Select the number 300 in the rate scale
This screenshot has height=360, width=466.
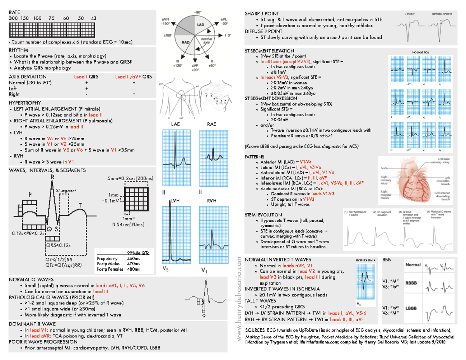[x=12, y=19]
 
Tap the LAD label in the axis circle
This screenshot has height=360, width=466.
[x=201, y=25]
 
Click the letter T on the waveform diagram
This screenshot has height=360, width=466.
[x=80, y=205]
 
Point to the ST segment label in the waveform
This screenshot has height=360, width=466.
[x=64, y=190]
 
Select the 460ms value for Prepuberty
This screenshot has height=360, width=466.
[x=133, y=258]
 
